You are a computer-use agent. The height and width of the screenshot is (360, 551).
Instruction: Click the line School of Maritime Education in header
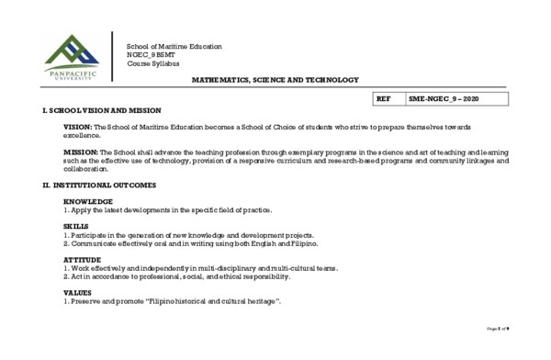point(174,47)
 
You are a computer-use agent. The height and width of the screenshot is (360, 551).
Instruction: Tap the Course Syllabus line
point(153,63)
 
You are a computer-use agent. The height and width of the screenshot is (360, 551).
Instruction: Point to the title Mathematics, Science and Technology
point(275,81)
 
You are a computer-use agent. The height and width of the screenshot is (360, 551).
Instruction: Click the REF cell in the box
point(384,98)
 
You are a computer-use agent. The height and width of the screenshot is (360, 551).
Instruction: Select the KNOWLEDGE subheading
point(88,201)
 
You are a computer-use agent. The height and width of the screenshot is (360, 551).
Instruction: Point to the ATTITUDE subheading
point(83,260)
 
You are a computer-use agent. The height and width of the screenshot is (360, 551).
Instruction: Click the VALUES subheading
point(78,293)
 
